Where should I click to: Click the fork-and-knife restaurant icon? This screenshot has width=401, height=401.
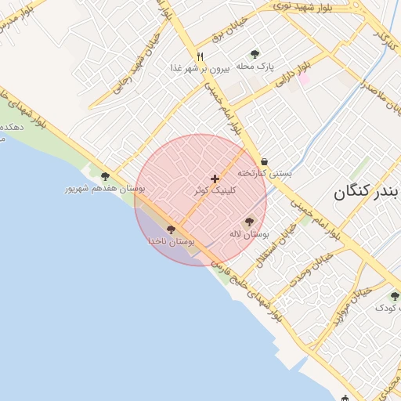tap(200, 56)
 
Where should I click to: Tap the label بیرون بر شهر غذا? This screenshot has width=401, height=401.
tap(199, 68)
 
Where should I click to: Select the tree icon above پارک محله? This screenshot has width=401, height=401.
tap(255, 54)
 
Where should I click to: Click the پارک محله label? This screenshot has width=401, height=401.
tap(255, 67)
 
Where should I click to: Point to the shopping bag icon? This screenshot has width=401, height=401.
tap(264, 161)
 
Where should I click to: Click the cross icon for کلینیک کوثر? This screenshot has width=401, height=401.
tap(215, 179)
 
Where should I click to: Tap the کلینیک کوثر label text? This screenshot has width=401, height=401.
tap(214, 190)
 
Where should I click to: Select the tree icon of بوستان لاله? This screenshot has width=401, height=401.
tap(249, 222)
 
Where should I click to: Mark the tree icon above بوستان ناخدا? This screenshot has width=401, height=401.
tap(171, 229)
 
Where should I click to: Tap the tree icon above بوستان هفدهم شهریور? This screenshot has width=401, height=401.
tap(105, 176)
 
